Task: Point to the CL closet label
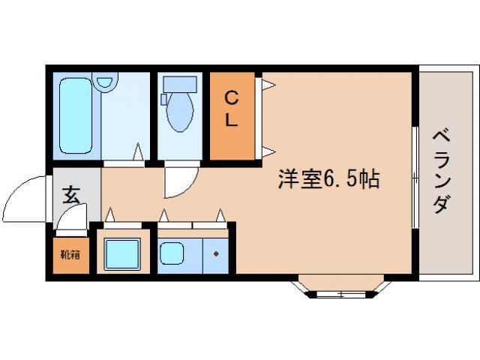(x=232, y=109)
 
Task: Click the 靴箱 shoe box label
(x=70, y=253)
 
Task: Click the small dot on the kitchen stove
(x=216, y=254)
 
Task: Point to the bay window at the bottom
(x=341, y=289)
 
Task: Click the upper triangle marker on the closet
(x=267, y=85)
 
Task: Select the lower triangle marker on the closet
(x=267, y=151)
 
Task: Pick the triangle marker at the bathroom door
(x=138, y=154)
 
